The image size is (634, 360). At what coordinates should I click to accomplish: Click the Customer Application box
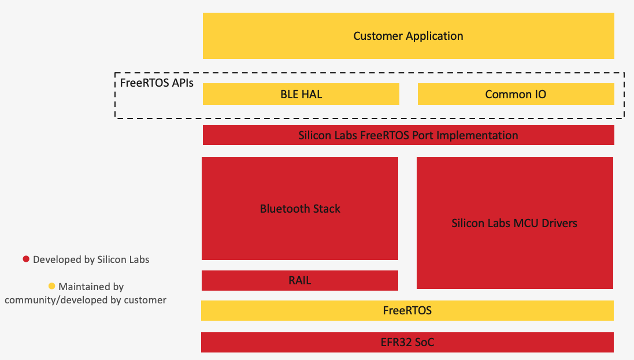(408, 36)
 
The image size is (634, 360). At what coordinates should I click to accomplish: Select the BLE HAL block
(301, 94)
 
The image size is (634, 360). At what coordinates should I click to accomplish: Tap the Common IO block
(516, 94)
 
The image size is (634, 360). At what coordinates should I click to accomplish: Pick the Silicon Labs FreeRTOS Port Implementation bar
(408, 135)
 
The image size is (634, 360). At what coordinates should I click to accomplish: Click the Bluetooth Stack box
(300, 209)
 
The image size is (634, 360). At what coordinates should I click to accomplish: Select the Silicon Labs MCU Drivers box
(514, 223)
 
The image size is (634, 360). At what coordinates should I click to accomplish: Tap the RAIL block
(300, 280)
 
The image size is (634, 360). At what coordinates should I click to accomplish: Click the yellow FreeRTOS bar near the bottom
(407, 310)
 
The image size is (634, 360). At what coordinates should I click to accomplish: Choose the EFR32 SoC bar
(407, 342)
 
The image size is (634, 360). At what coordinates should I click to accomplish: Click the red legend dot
(26, 259)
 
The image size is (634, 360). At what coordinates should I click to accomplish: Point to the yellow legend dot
(51, 286)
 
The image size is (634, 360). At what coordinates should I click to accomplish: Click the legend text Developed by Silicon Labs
(91, 259)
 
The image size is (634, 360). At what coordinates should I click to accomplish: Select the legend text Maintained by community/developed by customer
(86, 293)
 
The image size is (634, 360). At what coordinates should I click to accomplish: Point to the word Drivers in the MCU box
(558, 223)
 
